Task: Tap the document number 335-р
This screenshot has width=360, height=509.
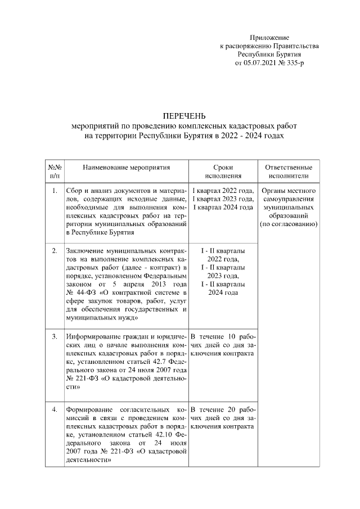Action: pos(293,64)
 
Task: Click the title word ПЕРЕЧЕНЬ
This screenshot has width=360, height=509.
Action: pos(180,116)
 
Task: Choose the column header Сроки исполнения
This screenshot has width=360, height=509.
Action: pos(223,171)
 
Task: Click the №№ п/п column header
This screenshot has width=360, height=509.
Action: pos(55,171)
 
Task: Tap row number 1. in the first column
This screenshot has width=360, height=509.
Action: pos(55,191)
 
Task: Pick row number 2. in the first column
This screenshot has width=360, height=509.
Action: pos(55,250)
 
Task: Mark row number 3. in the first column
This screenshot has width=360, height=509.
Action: pos(55,336)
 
